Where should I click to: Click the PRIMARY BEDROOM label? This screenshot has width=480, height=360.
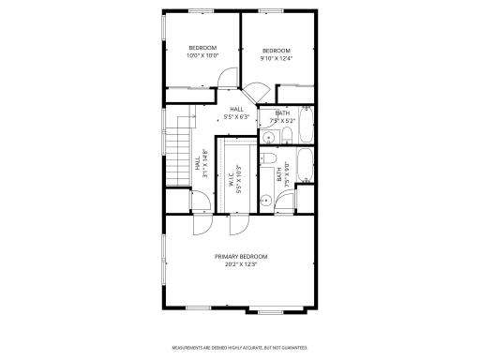tap(240, 257)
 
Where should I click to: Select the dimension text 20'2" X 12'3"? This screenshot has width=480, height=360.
tap(240, 265)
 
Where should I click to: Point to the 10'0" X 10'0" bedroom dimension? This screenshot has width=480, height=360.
tap(202, 55)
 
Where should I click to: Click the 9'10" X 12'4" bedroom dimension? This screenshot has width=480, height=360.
tap(276, 58)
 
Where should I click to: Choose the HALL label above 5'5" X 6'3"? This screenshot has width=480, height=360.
tap(236, 110)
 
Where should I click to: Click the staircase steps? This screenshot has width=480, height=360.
tap(178, 156)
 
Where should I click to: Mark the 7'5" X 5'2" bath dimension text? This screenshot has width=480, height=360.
tap(282, 121)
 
